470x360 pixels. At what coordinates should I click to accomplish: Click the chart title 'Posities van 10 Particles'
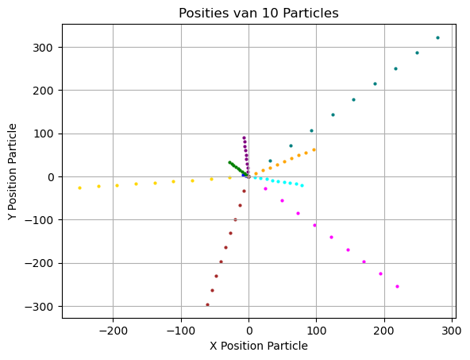259,13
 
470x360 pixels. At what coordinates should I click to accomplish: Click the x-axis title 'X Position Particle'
259,346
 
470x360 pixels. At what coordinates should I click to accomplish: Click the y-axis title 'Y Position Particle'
13,171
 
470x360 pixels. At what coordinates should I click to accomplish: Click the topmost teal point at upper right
437,37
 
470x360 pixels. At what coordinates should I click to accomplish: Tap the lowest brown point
207,304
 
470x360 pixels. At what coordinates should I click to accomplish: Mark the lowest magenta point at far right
397,286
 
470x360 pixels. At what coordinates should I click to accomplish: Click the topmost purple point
244,137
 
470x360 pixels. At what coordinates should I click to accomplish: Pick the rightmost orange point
314,149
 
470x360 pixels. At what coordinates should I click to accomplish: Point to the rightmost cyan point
302,185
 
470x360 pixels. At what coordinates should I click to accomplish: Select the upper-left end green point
229,162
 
